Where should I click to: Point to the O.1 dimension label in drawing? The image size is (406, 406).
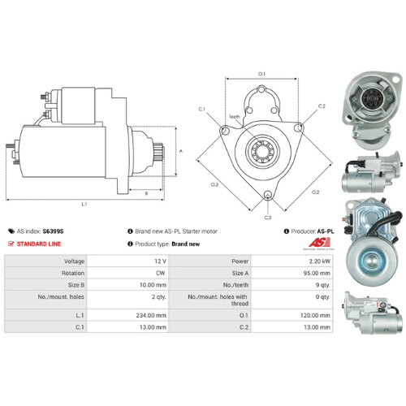pos(261,74)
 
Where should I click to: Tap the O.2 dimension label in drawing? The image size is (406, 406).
pos(315,192)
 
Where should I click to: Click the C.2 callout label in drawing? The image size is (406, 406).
pos(322,106)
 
